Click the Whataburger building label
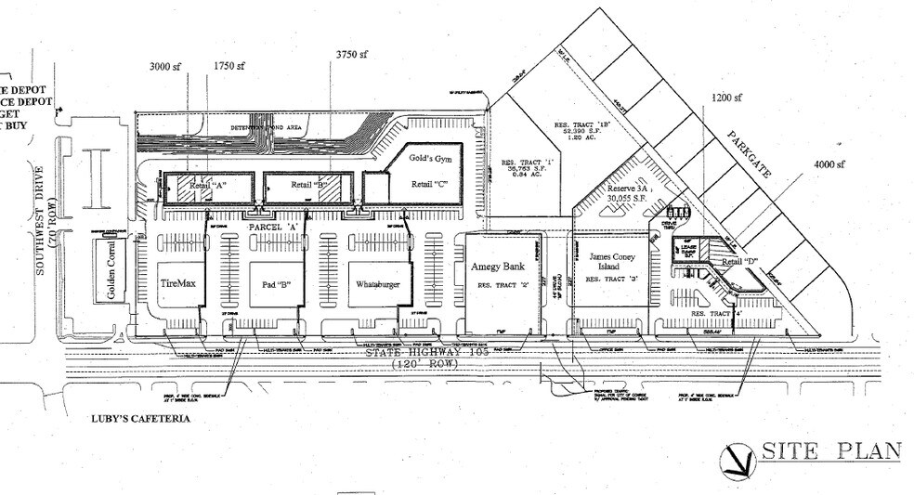tap(376, 285)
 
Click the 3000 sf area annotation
tap(168, 66)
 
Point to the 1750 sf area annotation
tap(228, 66)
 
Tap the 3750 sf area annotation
tap(354, 55)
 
